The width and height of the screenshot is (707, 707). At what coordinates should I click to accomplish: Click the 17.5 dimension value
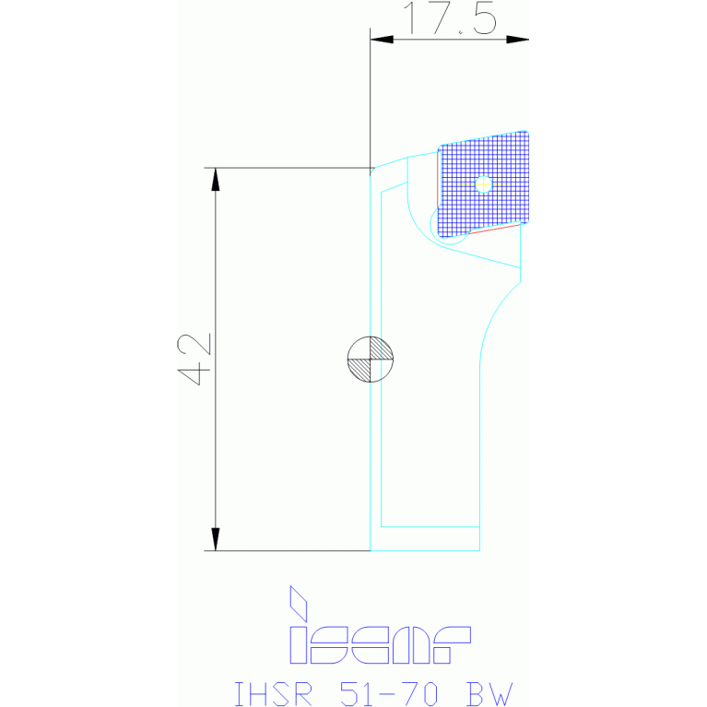pyautogui.click(x=451, y=18)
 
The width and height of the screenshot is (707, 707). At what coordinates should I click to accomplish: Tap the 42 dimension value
pyautogui.click(x=194, y=359)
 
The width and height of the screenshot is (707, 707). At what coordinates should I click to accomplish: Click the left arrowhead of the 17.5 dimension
pyautogui.click(x=382, y=40)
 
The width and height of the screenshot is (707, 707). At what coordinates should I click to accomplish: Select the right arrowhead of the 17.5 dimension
pyautogui.click(x=518, y=40)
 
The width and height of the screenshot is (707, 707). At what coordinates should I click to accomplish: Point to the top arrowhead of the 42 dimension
pyautogui.click(x=216, y=179)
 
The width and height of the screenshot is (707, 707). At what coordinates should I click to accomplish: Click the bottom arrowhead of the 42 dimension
pyautogui.click(x=216, y=539)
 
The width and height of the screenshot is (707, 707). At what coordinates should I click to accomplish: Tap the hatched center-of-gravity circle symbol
pyautogui.click(x=371, y=359)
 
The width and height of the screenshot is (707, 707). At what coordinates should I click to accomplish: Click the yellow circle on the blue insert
pyautogui.click(x=484, y=184)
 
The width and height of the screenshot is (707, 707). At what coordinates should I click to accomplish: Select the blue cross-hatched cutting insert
pyautogui.click(x=483, y=184)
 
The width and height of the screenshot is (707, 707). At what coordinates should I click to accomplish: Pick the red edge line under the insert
pyautogui.click(x=495, y=229)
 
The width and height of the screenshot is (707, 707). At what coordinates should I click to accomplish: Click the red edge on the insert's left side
pyautogui.click(x=437, y=180)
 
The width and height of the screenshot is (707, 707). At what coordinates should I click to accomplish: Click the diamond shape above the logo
pyautogui.click(x=298, y=603)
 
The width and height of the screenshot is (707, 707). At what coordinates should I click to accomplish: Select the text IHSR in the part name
pyautogui.click(x=273, y=694)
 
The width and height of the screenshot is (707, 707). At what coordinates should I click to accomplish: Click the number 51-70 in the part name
pyautogui.click(x=388, y=694)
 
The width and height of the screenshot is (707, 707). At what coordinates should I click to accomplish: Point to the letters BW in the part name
pyautogui.click(x=489, y=694)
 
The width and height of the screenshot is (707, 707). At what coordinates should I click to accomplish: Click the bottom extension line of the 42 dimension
pyautogui.click(x=288, y=551)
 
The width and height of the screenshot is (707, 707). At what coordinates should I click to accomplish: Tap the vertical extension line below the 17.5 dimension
pyautogui.click(x=371, y=98)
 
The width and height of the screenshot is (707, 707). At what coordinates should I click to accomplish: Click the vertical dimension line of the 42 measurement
pyautogui.click(x=216, y=359)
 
